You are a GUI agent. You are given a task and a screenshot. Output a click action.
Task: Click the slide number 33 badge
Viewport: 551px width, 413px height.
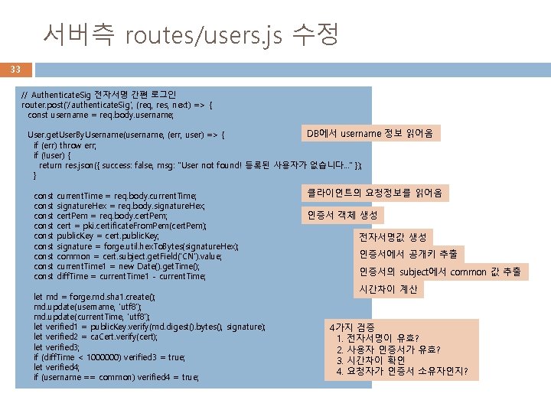point(15,70)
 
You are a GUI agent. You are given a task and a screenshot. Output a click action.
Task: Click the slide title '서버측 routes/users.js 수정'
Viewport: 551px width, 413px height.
point(191,34)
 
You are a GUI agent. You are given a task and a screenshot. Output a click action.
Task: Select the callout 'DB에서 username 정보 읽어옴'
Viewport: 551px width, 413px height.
point(369,134)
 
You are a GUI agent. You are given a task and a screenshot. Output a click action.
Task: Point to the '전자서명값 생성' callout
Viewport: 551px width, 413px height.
point(393,237)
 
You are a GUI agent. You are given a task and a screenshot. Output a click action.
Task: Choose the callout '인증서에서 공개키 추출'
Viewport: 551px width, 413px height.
point(408,254)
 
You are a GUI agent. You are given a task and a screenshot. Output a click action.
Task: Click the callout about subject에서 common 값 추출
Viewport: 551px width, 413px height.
point(440,272)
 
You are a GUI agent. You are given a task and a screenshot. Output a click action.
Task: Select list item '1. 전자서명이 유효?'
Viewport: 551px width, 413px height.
point(377,338)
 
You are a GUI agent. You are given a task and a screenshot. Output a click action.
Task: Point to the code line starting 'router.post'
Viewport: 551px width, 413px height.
point(118,105)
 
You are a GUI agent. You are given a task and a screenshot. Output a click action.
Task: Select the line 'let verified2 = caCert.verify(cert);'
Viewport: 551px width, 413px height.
point(96,337)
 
